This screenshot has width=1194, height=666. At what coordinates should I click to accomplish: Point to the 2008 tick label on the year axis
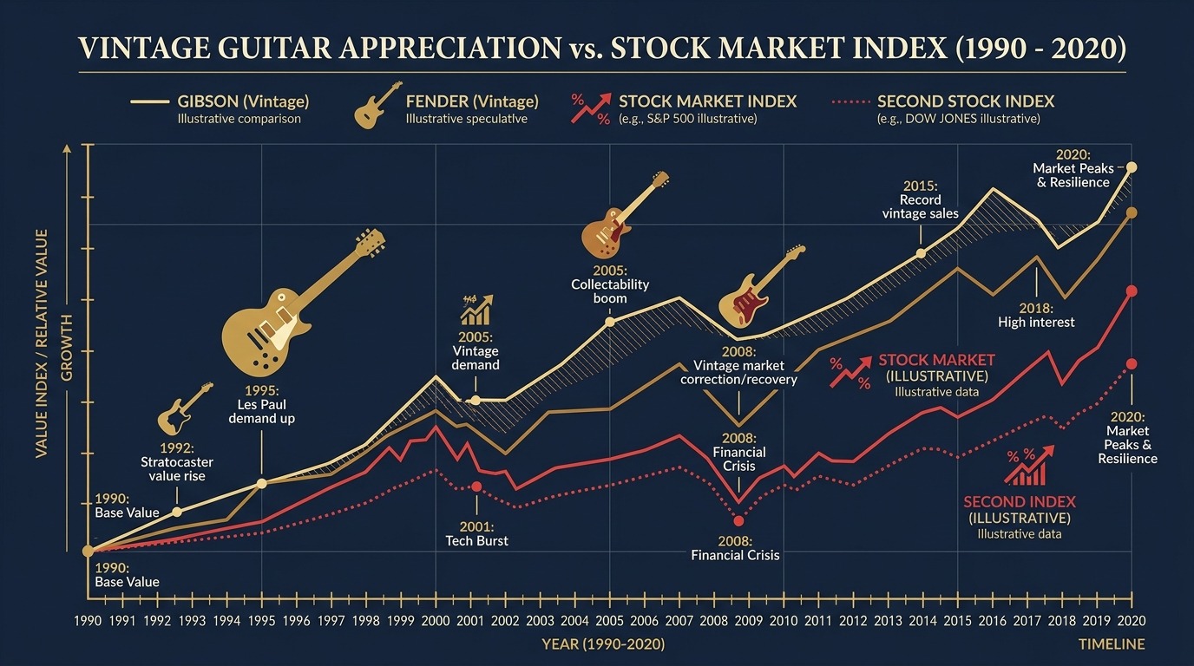[x=713, y=621]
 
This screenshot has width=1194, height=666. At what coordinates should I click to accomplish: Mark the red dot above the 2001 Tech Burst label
[x=476, y=486]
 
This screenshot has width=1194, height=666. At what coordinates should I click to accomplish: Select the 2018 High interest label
[x=1036, y=316]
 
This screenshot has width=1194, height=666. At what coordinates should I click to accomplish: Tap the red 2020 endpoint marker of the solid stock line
[x=1131, y=291]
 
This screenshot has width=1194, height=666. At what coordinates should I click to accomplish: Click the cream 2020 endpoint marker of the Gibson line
[x=1131, y=167]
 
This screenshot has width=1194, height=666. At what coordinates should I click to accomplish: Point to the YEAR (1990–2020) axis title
[x=603, y=644]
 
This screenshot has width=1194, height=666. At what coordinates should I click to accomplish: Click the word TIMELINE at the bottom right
[x=1112, y=644]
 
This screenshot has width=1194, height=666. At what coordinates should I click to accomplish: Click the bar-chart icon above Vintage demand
[x=476, y=309]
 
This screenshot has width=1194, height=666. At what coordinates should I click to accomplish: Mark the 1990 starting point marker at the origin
[x=88, y=551]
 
